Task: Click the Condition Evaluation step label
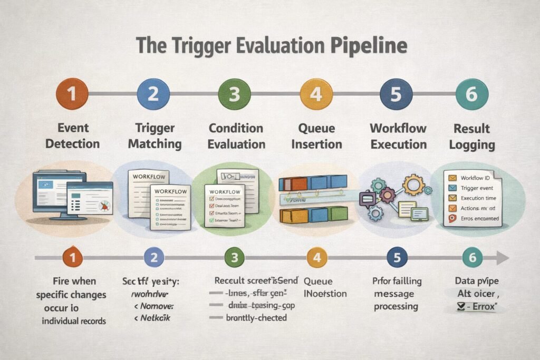236,136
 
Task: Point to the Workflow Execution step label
398,136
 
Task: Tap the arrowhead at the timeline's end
503,258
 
